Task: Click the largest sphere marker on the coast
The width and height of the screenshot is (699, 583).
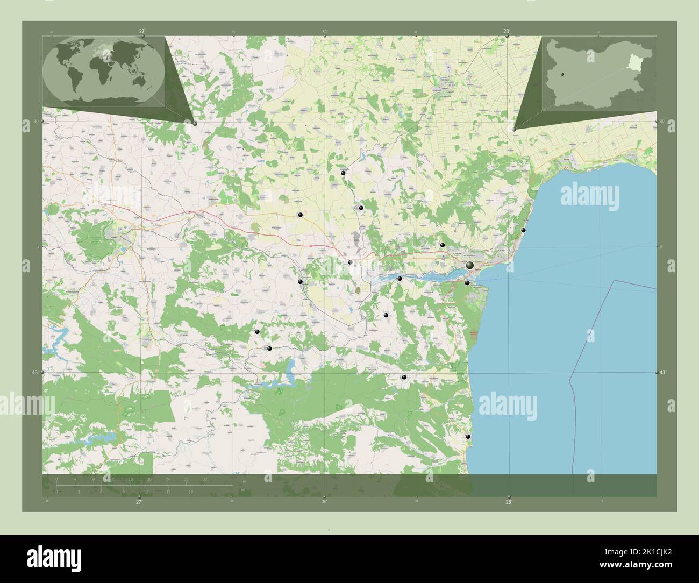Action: coord(470,265)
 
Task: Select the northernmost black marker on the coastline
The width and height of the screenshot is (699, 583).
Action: coord(523,230)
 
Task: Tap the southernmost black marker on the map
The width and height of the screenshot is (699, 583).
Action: coord(468,437)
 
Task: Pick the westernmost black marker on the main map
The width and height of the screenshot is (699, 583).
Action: coord(258,332)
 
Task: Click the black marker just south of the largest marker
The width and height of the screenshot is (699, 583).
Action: coord(467,283)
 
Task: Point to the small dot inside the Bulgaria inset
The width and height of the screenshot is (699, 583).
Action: coord(561,74)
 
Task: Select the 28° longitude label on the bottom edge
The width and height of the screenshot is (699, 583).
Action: coord(509,502)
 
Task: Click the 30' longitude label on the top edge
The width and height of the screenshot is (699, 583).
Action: coord(325,31)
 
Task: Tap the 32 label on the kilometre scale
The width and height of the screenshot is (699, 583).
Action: coord(205,479)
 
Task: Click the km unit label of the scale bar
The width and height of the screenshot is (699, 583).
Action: coord(243,481)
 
